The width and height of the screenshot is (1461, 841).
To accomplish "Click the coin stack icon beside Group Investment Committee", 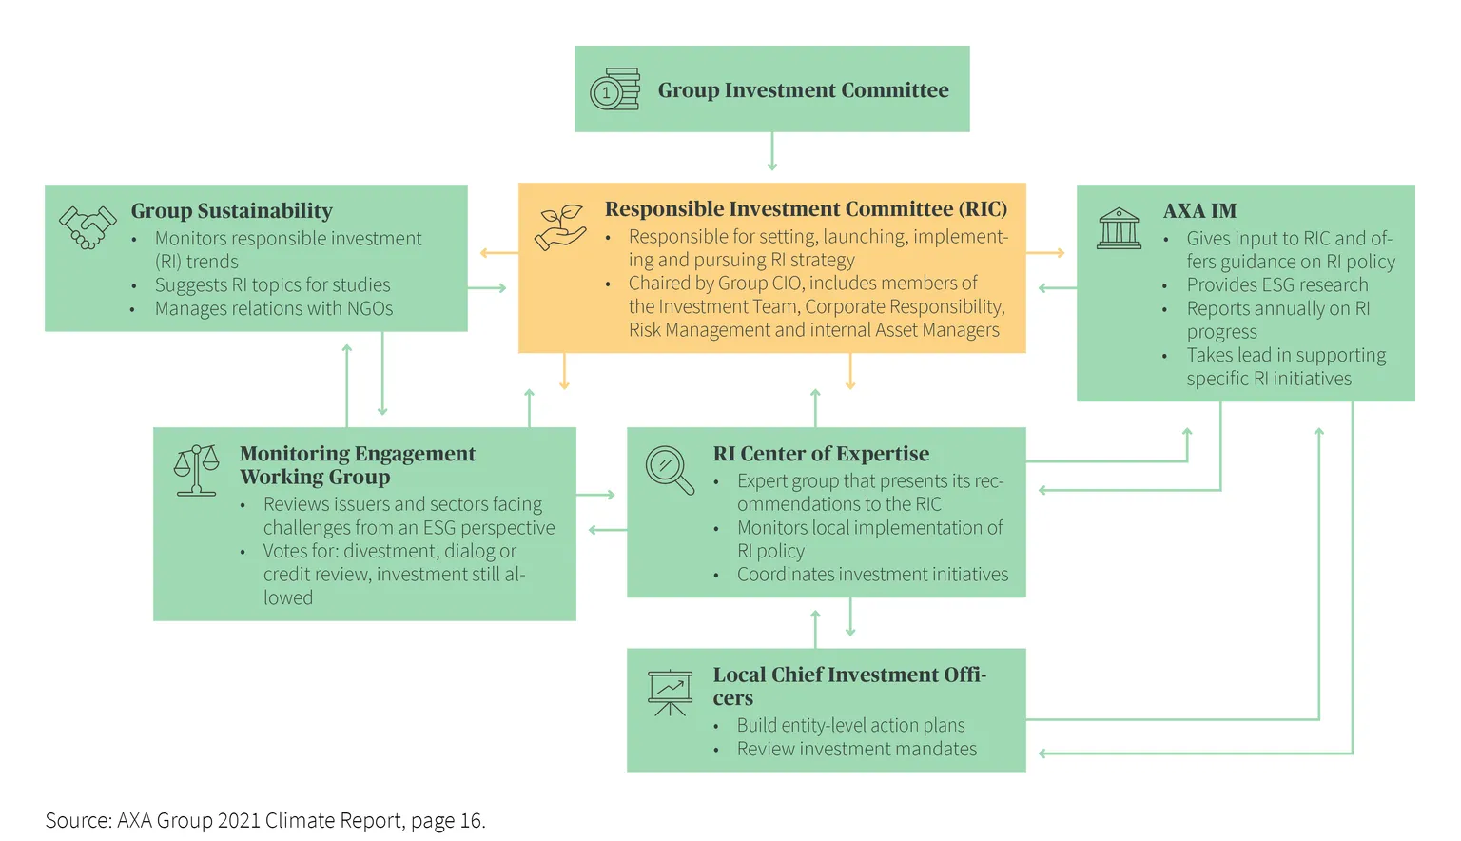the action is coord(615,89).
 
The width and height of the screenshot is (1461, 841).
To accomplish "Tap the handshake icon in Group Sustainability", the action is coord(88,227).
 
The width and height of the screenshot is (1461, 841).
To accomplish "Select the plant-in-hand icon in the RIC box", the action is coord(560,227).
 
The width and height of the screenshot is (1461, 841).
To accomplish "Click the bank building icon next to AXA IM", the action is coord(1119,228).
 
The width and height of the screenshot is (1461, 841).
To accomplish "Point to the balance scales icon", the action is coord(196,470).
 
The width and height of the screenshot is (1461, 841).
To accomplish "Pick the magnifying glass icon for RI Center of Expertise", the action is coord(670,470).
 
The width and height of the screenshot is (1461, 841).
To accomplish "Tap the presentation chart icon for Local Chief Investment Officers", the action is coord(670,693).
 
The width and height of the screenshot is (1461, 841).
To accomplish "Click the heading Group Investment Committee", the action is coord(803,90).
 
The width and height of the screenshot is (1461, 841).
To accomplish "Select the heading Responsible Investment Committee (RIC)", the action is coord(807,208).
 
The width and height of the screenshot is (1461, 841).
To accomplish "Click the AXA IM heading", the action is coord(1199,211).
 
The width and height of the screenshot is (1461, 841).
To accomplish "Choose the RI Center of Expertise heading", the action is coord(821,454).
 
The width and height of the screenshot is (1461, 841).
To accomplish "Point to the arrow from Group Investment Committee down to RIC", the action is coord(772,151).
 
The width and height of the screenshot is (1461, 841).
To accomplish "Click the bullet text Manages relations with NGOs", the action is coord(274,308).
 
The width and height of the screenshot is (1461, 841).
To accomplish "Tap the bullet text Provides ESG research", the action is coord(1277,285).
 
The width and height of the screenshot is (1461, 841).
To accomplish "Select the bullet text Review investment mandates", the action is coord(857,749).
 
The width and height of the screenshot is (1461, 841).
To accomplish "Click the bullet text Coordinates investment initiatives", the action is coord(872,575).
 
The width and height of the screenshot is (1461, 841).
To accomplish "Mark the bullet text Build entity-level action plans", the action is coord(851,725).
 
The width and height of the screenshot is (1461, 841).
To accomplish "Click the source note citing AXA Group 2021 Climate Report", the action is coord(265,820).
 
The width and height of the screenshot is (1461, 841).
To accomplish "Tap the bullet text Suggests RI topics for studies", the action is coord(273,285).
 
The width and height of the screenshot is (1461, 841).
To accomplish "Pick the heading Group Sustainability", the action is coord(231,211).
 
